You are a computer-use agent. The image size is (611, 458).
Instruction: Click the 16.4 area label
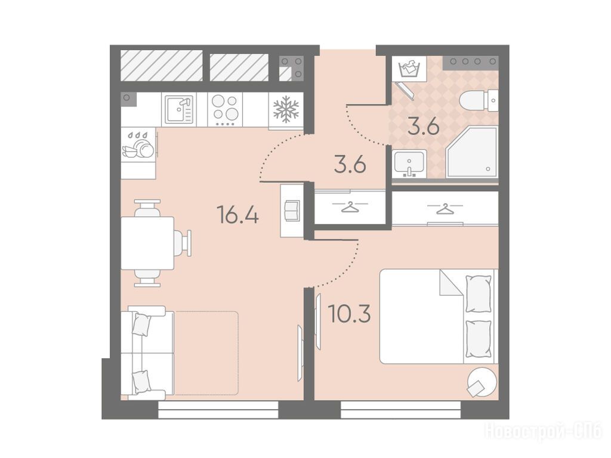(237, 215)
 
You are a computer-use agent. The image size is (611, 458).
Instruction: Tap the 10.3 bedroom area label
(349, 314)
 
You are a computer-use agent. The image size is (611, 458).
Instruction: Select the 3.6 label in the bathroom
(424, 126)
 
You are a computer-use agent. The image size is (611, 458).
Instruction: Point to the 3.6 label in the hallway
(350, 165)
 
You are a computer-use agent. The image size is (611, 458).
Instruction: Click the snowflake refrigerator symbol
(286, 109)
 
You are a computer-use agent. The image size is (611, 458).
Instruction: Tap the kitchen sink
(179, 110)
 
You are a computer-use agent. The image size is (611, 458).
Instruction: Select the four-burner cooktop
(224, 110)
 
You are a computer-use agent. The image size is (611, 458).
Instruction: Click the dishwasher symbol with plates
(138, 145)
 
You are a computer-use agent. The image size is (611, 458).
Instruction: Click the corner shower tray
(472, 152)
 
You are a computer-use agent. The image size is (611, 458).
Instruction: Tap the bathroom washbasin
(409, 164)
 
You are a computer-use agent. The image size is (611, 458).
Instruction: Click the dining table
(147, 243)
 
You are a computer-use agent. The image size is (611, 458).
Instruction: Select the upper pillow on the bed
(478, 293)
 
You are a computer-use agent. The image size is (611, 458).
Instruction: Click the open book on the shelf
(292, 211)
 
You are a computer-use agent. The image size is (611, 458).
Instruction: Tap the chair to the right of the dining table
(183, 243)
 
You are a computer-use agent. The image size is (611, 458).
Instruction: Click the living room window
(218, 410)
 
